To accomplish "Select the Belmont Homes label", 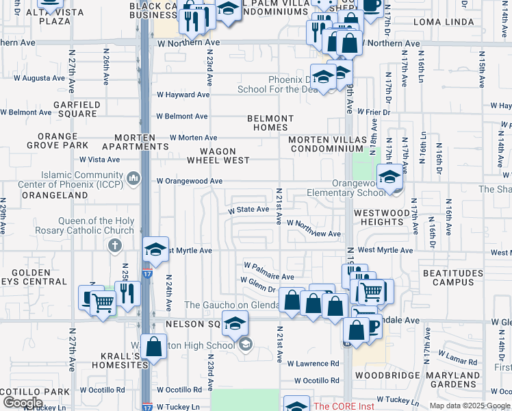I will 270,123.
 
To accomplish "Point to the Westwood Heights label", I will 381,218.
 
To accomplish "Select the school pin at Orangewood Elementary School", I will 389,177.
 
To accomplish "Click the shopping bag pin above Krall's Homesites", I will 155,347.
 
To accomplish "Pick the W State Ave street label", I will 248,210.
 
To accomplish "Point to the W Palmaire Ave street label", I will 269,265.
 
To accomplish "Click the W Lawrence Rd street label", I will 313,364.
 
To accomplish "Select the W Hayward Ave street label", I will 183,95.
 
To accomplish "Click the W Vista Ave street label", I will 100,160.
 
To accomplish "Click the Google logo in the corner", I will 22,403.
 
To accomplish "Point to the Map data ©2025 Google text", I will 469,406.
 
